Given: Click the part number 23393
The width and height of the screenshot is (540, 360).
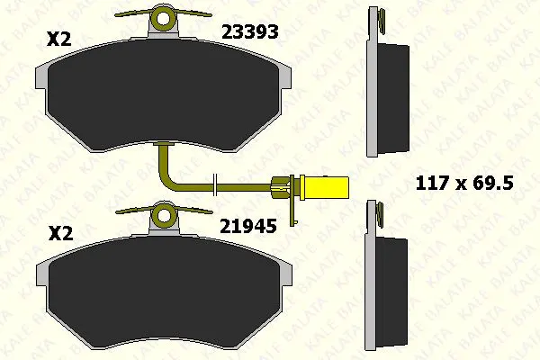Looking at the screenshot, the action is [x=250, y=32].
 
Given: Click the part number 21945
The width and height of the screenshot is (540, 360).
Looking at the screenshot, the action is [x=248, y=226].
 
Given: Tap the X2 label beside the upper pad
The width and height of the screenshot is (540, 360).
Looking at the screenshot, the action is [x=59, y=39].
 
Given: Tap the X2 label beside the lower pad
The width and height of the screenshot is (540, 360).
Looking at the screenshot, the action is [x=60, y=233].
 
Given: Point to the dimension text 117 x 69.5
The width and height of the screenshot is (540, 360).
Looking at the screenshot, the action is [x=464, y=183].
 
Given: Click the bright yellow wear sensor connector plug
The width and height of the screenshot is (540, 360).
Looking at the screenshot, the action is [x=324, y=188].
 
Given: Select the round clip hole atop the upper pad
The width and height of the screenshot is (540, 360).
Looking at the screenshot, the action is [x=164, y=19].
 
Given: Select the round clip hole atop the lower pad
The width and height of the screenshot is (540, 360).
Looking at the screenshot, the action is [x=165, y=216].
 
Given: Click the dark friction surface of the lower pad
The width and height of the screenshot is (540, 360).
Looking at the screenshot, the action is [x=165, y=291].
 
